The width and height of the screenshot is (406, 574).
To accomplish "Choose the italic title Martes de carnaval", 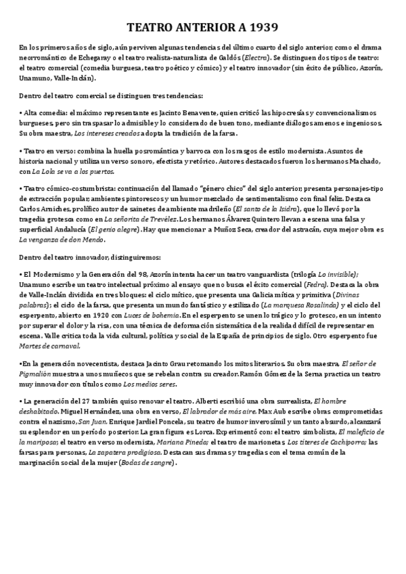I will [x=49, y=346].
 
